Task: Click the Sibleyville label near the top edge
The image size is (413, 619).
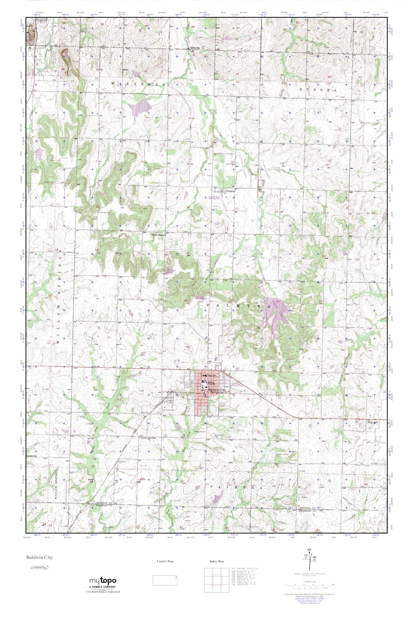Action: click(x=196, y=48)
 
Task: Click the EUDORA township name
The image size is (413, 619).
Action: click(x=319, y=90)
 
